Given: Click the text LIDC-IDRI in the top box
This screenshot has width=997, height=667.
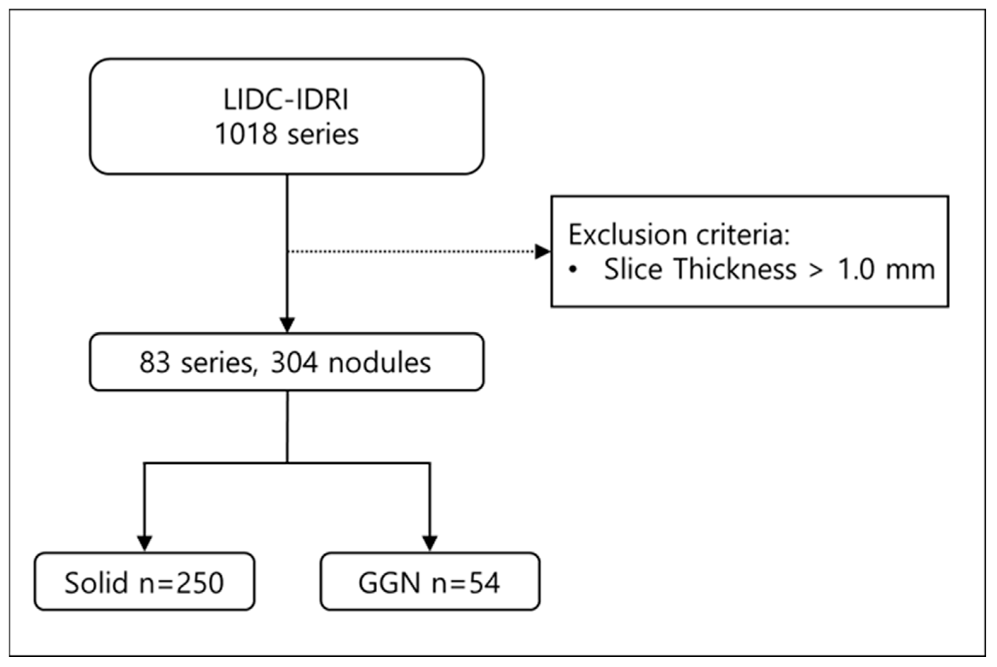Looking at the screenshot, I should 286,100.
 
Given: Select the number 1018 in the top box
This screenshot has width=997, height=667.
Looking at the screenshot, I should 246,134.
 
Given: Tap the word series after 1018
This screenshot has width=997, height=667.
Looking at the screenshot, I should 323,134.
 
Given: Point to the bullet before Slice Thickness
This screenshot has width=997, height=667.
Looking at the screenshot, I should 573,269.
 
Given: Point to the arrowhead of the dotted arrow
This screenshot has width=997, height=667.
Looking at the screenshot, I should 542,251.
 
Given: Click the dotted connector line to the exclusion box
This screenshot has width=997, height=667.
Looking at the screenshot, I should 408,251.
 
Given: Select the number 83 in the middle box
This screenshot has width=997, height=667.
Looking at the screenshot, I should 155,363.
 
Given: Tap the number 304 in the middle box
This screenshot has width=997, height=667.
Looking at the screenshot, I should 294,363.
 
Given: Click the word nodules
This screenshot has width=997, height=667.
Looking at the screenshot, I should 379,363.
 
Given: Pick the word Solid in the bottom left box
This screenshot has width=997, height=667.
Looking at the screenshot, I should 96,582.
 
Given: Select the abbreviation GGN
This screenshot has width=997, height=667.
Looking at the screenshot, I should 389,582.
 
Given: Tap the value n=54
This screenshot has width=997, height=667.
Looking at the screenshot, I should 465,582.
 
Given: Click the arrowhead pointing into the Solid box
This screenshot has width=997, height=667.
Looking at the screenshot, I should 145,543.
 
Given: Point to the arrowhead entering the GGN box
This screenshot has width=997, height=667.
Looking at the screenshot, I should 430,543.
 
